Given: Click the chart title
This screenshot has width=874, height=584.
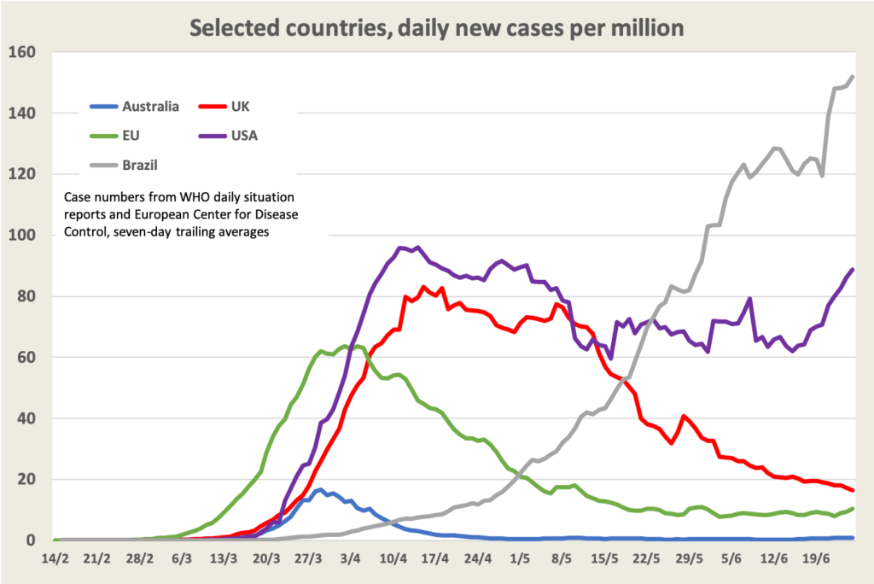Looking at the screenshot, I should [x=436, y=27].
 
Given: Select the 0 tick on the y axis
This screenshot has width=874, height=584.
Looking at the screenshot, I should [x=31, y=540].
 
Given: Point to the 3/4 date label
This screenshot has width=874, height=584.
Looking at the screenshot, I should [x=350, y=560].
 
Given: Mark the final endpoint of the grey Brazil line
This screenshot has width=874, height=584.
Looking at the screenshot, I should [x=853, y=77].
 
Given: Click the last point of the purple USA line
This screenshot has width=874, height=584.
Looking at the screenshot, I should [x=853, y=270].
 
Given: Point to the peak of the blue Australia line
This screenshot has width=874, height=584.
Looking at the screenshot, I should [x=320, y=489].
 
